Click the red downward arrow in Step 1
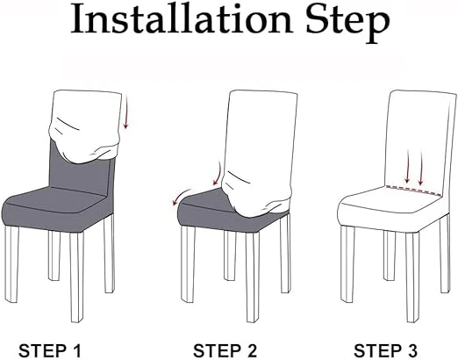coord(125,114)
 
